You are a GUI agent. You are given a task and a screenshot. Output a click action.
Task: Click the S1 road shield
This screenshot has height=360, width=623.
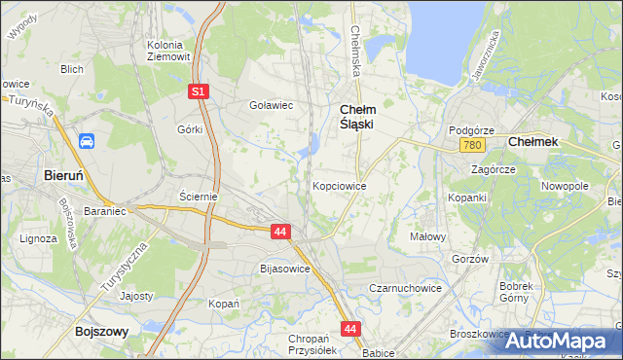[x=198, y=90]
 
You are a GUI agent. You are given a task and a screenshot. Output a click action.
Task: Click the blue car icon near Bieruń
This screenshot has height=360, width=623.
[x=87, y=141]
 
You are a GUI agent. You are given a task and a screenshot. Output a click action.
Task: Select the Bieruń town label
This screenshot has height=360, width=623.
[x=69, y=175]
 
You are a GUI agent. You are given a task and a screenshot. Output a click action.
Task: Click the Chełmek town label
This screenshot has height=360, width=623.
[x=533, y=141]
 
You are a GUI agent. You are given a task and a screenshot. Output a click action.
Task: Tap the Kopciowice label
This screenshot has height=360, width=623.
[x=339, y=185]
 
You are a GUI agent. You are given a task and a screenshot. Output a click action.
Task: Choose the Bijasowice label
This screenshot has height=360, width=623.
[x=285, y=268]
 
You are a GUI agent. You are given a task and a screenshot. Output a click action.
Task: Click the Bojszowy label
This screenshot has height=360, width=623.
[x=102, y=331]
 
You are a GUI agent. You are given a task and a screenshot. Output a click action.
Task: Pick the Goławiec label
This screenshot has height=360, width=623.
[x=272, y=105]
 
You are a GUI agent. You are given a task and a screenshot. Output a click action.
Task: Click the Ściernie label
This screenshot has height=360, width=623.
[x=198, y=196]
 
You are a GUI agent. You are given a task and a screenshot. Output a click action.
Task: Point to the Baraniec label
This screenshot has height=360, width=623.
[x=107, y=209]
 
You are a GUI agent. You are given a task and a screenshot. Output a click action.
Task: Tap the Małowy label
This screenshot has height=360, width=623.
[x=428, y=235]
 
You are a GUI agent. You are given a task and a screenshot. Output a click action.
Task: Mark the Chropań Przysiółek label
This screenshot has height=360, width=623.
[x=311, y=344]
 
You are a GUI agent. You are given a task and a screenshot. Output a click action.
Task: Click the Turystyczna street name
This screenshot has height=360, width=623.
[x=122, y=268]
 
